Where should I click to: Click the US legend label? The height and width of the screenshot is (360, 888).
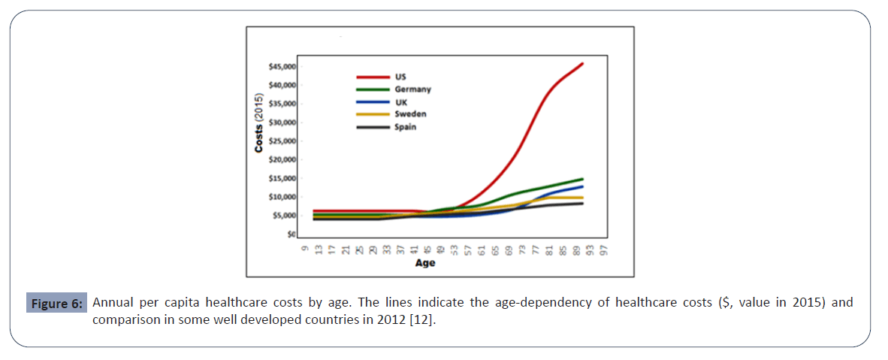(400, 77)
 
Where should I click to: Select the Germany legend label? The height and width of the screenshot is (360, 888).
(412, 89)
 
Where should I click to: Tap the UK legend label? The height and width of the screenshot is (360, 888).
(400, 101)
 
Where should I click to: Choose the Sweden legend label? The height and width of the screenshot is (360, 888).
(410, 114)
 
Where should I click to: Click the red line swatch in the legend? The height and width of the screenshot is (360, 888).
(371, 77)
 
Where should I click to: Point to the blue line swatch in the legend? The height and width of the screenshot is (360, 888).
(371, 101)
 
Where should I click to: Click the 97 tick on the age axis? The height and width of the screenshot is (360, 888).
(603, 249)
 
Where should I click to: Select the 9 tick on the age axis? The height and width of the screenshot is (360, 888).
(304, 247)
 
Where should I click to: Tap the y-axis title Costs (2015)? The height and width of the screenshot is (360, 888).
(259, 125)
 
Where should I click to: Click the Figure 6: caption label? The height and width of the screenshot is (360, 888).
(57, 304)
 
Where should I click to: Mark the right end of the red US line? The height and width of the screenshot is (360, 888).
(583, 64)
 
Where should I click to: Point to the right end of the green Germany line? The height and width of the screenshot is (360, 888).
(583, 179)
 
